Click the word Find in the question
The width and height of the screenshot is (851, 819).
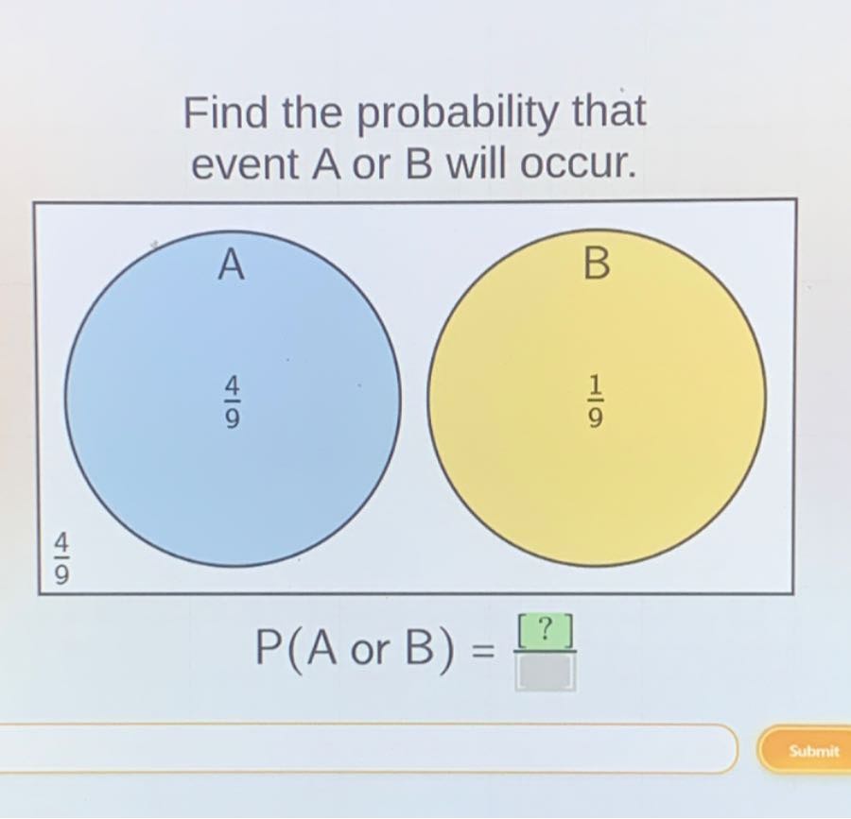point(220,113)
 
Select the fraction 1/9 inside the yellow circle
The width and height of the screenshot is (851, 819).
point(595,403)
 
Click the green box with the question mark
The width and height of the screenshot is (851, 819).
point(545,630)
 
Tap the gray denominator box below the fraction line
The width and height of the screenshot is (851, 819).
point(546,672)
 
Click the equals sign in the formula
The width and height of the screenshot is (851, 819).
point(482,651)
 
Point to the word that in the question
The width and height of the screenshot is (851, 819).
point(610,113)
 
